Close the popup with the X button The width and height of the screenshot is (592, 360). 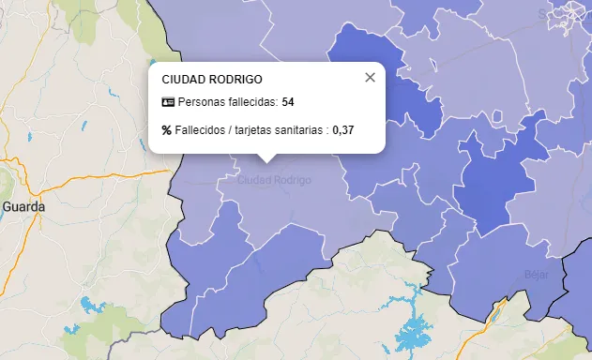click(370, 78)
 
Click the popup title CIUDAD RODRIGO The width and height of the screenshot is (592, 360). click(212, 80)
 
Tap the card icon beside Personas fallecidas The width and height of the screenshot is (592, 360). click(168, 101)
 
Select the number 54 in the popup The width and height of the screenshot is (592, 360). click(289, 101)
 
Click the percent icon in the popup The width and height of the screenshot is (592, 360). click(167, 130)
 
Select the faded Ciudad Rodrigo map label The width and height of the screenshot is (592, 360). click(274, 179)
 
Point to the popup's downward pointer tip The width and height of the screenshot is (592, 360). click(266, 161)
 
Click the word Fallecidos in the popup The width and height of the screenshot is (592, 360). click(201, 130)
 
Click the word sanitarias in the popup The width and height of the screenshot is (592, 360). click(297, 130)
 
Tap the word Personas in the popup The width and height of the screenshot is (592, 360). click(199, 101)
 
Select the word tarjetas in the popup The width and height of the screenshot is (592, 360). click(254, 130)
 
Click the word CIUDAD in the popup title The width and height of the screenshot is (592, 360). click(185, 80)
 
